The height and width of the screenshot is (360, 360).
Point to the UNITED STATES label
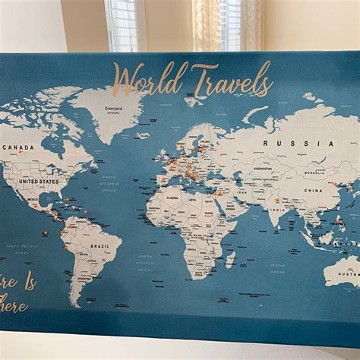[39, 182]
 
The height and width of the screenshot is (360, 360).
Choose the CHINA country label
[313, 191]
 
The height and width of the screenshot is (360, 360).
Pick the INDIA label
[279, 210]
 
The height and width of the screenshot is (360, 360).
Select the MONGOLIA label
[314, 172]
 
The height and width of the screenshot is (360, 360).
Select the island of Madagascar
[230, 259]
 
